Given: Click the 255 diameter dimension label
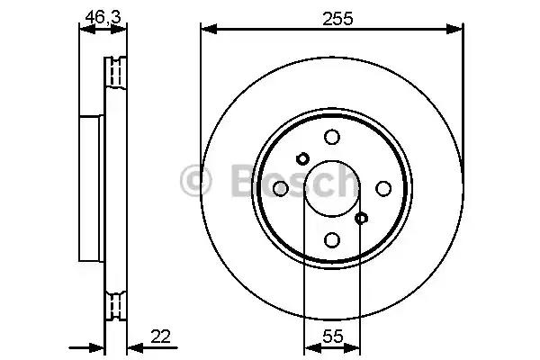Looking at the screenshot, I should [x=332, y=15].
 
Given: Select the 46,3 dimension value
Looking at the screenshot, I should [x=99, y=15].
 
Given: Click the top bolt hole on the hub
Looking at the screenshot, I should [x=332, y=136].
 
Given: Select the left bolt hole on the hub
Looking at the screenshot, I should [x=280, y=187].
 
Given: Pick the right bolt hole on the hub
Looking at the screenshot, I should [x=383, y=187].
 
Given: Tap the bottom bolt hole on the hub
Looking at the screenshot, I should [x=332, y=239].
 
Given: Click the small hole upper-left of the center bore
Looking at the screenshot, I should [x=302, y=157].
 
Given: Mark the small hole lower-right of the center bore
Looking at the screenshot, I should [x=362, y=218].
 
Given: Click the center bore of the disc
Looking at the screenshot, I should [x=332, y=187].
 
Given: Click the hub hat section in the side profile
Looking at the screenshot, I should [x=92, y=187].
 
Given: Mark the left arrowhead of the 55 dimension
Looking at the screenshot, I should [x=309, y=347].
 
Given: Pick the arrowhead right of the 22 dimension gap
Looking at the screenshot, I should [x=131, y=347].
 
